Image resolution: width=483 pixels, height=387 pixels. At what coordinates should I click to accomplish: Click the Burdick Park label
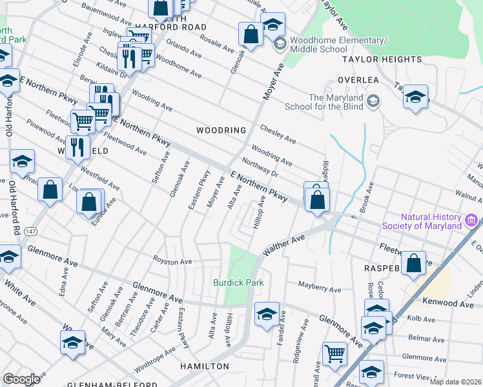[x=238, y=283]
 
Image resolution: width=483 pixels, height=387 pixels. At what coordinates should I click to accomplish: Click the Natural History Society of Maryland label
[x=431, y=221]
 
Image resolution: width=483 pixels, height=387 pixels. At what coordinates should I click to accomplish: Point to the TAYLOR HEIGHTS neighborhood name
[x=382, y=59]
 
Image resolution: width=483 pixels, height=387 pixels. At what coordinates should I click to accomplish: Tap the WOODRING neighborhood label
[x=221, y=130]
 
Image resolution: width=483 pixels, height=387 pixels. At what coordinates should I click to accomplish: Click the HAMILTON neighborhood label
[x=205, y=366]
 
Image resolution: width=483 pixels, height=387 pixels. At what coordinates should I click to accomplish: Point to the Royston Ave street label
[x=172, y=262]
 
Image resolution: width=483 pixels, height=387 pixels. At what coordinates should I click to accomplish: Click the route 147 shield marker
[x=32, y=230]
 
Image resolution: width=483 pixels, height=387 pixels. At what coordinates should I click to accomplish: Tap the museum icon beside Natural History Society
[x=471, y=222]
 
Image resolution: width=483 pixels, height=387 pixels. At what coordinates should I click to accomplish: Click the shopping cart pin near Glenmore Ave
[x=334, y=353]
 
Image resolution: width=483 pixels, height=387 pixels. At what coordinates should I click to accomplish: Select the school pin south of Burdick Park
[x=267, y=314]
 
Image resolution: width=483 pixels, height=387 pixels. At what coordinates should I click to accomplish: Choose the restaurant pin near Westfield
[x=77, y=147]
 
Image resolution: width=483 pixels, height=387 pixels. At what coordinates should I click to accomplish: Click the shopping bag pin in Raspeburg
[x=413, y=263]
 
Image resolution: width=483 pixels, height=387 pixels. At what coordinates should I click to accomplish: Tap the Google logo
[x=21, y=379]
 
